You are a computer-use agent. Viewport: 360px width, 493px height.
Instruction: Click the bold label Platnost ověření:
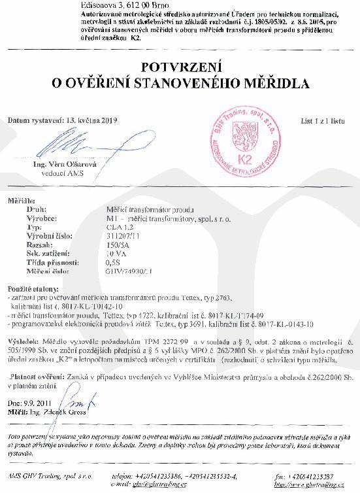tap(37, 377)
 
